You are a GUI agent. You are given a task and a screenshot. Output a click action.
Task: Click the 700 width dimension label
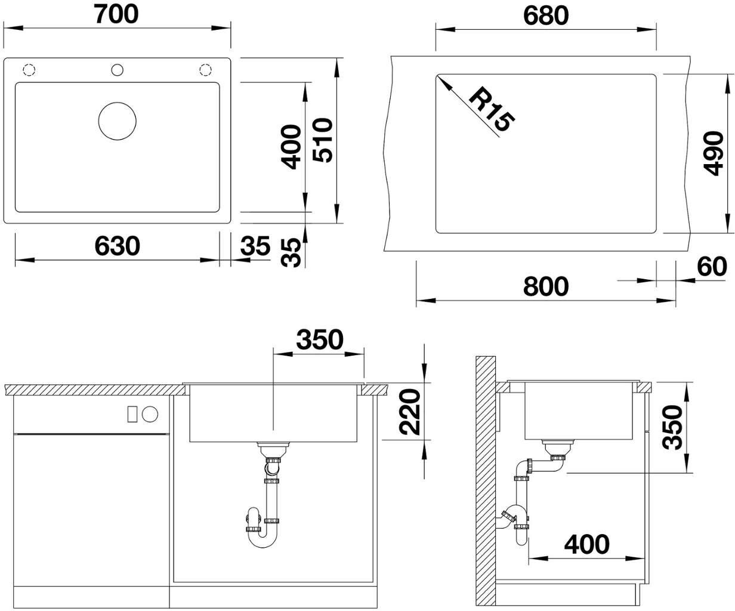tap(116, 14)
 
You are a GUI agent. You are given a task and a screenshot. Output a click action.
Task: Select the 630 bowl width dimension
tap(117, 246)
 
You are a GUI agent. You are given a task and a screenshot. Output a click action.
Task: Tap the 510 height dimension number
tap(323, 140)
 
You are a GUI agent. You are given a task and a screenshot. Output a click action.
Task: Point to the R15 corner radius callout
tap(492, 110)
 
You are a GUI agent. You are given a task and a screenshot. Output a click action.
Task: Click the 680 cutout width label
tap(546, 16)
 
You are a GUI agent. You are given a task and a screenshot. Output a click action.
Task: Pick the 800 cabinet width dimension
tap(546, 286)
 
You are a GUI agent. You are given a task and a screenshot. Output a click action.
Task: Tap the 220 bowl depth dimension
tap(410, 412)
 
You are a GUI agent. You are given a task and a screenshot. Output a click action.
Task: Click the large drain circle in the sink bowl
tap(117, 121)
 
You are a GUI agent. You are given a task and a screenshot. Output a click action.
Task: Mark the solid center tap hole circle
tap(117, 70)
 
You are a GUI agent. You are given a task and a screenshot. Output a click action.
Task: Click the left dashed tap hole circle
tap(29, 70)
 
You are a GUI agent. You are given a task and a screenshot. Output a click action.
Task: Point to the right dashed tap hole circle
tap(206, 70)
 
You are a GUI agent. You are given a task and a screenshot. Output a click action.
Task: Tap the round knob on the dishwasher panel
tap(150, 413)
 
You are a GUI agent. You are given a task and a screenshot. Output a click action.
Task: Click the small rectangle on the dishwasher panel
tap(132, 413)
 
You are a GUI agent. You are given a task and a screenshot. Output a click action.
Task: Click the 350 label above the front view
tap(320, 340)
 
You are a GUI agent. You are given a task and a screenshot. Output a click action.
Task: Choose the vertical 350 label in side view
tap(672, 427)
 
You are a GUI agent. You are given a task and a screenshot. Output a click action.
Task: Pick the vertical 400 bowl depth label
tap(291, 147)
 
